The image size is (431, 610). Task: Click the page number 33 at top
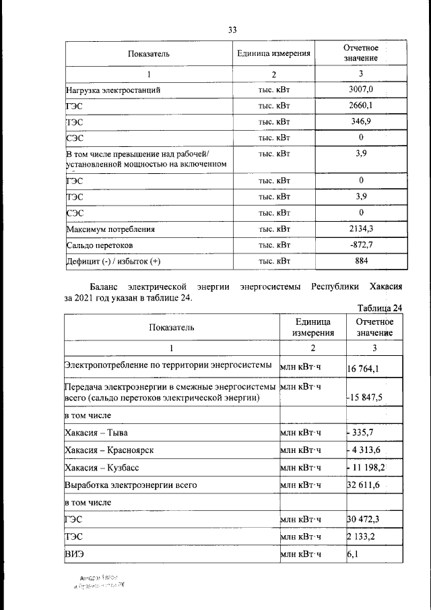[x=232, y=30]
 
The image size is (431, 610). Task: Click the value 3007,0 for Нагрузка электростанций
[x=361, y=89]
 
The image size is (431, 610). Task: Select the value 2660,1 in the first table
[x=361, y=106]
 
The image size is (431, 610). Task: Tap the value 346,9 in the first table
[x=361, y=122]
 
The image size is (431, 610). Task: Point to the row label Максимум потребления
[x=110, y=229]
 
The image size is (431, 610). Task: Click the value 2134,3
[x=361, y=229]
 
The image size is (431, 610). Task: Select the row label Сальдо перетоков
[x=101, y=245]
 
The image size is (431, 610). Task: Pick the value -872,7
[x=361, y=245]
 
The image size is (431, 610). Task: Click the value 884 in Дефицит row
[x=361, y=261]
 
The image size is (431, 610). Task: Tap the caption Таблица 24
[x=380, y=309]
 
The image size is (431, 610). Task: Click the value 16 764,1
[x=364, y=369]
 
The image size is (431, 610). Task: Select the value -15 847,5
[x=364, y=398]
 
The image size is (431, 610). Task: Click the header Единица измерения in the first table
[x=274, y=53]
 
